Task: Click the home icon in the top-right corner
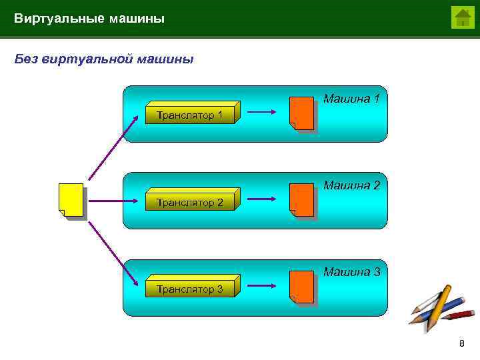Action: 462,17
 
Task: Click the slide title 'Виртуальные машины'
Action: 89,19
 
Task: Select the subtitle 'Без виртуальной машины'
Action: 104,59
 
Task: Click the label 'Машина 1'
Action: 351,99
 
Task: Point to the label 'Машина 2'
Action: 351,185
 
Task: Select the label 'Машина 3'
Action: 351,272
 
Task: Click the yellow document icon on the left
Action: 72,201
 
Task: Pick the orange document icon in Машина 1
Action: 302,113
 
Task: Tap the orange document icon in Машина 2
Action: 302,200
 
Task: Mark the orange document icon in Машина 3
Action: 302,287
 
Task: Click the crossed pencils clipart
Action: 439,306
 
